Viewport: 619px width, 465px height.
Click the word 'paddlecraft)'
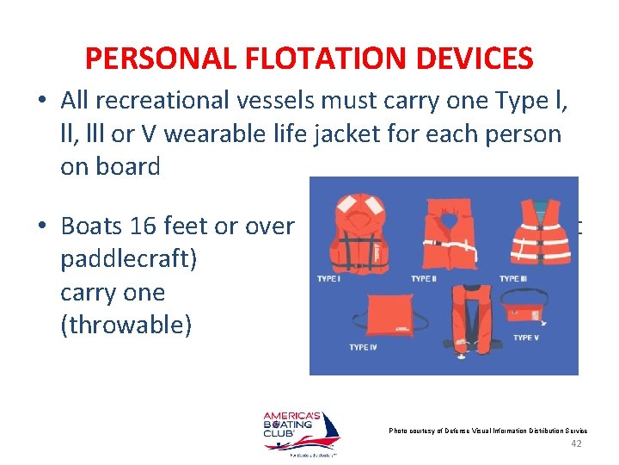tap(128, 259)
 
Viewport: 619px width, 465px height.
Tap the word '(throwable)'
tap(126, 325)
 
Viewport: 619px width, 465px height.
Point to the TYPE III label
tap(513, 279)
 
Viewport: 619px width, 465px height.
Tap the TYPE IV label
tap(363, 347)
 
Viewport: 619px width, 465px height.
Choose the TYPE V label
tap(526, 338)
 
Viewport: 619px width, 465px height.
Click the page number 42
tap(577, 443)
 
